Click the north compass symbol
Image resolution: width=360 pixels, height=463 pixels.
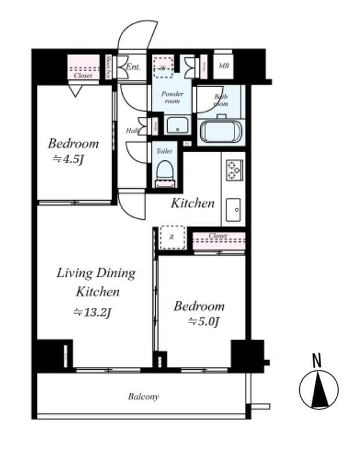318,389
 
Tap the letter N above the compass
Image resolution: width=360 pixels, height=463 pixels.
317,361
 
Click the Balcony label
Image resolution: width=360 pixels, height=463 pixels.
143,396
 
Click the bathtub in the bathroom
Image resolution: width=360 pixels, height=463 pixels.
220,131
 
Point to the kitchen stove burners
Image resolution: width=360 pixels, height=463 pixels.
234,168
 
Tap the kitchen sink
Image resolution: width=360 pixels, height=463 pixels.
234,209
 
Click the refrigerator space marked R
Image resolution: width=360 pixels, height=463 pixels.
172,237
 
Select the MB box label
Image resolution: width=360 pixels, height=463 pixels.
223,66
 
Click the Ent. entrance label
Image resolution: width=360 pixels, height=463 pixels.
133,67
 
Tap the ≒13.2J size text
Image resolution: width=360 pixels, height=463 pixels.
91,313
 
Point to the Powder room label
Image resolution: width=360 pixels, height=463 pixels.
172,97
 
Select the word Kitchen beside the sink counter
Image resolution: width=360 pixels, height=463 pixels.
192,203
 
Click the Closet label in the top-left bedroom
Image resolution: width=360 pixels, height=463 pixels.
82,75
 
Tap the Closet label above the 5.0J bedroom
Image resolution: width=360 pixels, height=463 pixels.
218,236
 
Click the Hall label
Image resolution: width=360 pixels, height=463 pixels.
132,131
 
